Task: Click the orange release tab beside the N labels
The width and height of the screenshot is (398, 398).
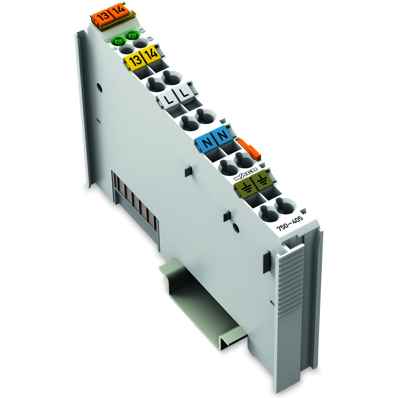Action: click(x=249, y=148)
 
